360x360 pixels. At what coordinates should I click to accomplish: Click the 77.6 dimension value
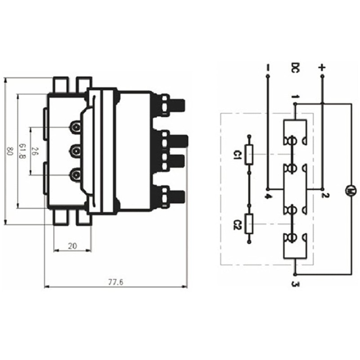coord(116,282)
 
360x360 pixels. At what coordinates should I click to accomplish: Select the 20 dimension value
coord(72,246)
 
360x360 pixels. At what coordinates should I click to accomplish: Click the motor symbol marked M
coord(350,191)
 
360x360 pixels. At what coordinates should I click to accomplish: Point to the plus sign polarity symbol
coord(322,67)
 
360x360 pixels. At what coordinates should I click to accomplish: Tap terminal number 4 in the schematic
coord(268,196)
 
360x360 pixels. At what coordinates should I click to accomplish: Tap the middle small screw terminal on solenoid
coord(76,150)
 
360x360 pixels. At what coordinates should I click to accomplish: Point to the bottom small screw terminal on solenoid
coord(76,173)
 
